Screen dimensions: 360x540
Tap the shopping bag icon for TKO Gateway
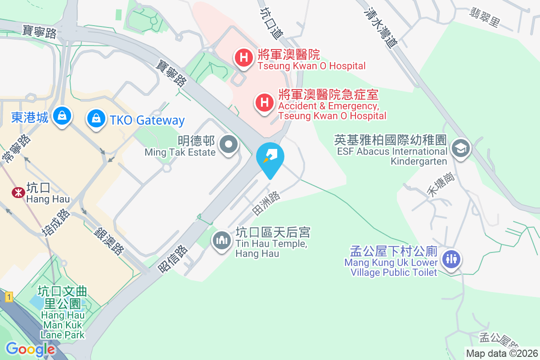[96, 119]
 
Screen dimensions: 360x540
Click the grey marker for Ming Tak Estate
[229, 145]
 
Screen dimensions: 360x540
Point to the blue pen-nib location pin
[270, 157]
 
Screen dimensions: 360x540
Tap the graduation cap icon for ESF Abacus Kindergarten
[460, 148]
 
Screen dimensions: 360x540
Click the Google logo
[30, 349]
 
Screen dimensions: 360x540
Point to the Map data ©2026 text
[502, 353]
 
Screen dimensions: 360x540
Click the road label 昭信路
[172, 258]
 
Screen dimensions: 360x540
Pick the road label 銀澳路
[109, 241]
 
